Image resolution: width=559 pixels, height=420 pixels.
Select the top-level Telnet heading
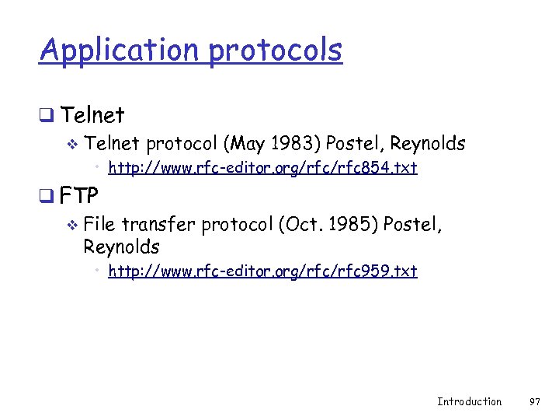tap(92, 116)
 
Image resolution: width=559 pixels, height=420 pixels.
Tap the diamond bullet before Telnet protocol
tap(72, 145)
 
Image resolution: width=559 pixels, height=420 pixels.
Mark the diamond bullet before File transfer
tap(72, 226)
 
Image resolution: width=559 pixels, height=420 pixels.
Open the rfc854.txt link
tap(262, 167)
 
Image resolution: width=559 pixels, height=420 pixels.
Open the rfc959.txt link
tap(262, 271)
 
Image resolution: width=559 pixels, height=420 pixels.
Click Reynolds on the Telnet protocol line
tap(427, 144)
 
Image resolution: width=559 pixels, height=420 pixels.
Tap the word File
tap(99, 226)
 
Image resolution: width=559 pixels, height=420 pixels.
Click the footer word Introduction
tap(469, 401)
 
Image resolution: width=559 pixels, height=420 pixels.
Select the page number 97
tap(534, 401)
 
